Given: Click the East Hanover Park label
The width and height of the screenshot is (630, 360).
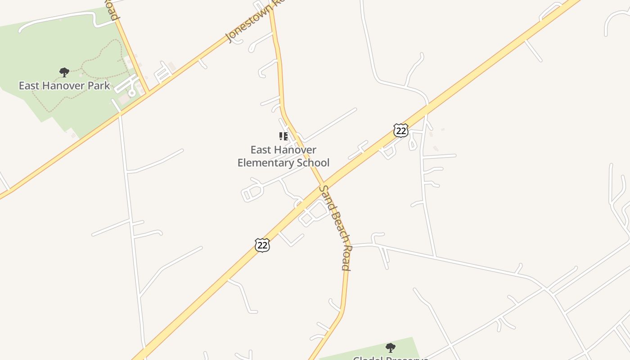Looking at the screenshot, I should point(64,85).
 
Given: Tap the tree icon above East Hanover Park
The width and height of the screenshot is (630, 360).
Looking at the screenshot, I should point(64,72).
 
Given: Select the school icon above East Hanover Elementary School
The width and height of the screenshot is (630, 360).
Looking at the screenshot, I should point(283,136).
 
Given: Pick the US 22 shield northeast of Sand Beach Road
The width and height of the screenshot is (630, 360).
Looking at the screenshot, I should point(400,130).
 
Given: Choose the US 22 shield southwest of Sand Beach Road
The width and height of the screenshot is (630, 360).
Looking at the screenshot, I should point(262,245).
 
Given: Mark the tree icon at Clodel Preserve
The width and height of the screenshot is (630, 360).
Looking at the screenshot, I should point(390,347).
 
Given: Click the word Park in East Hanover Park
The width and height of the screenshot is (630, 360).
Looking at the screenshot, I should point(99,85).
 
